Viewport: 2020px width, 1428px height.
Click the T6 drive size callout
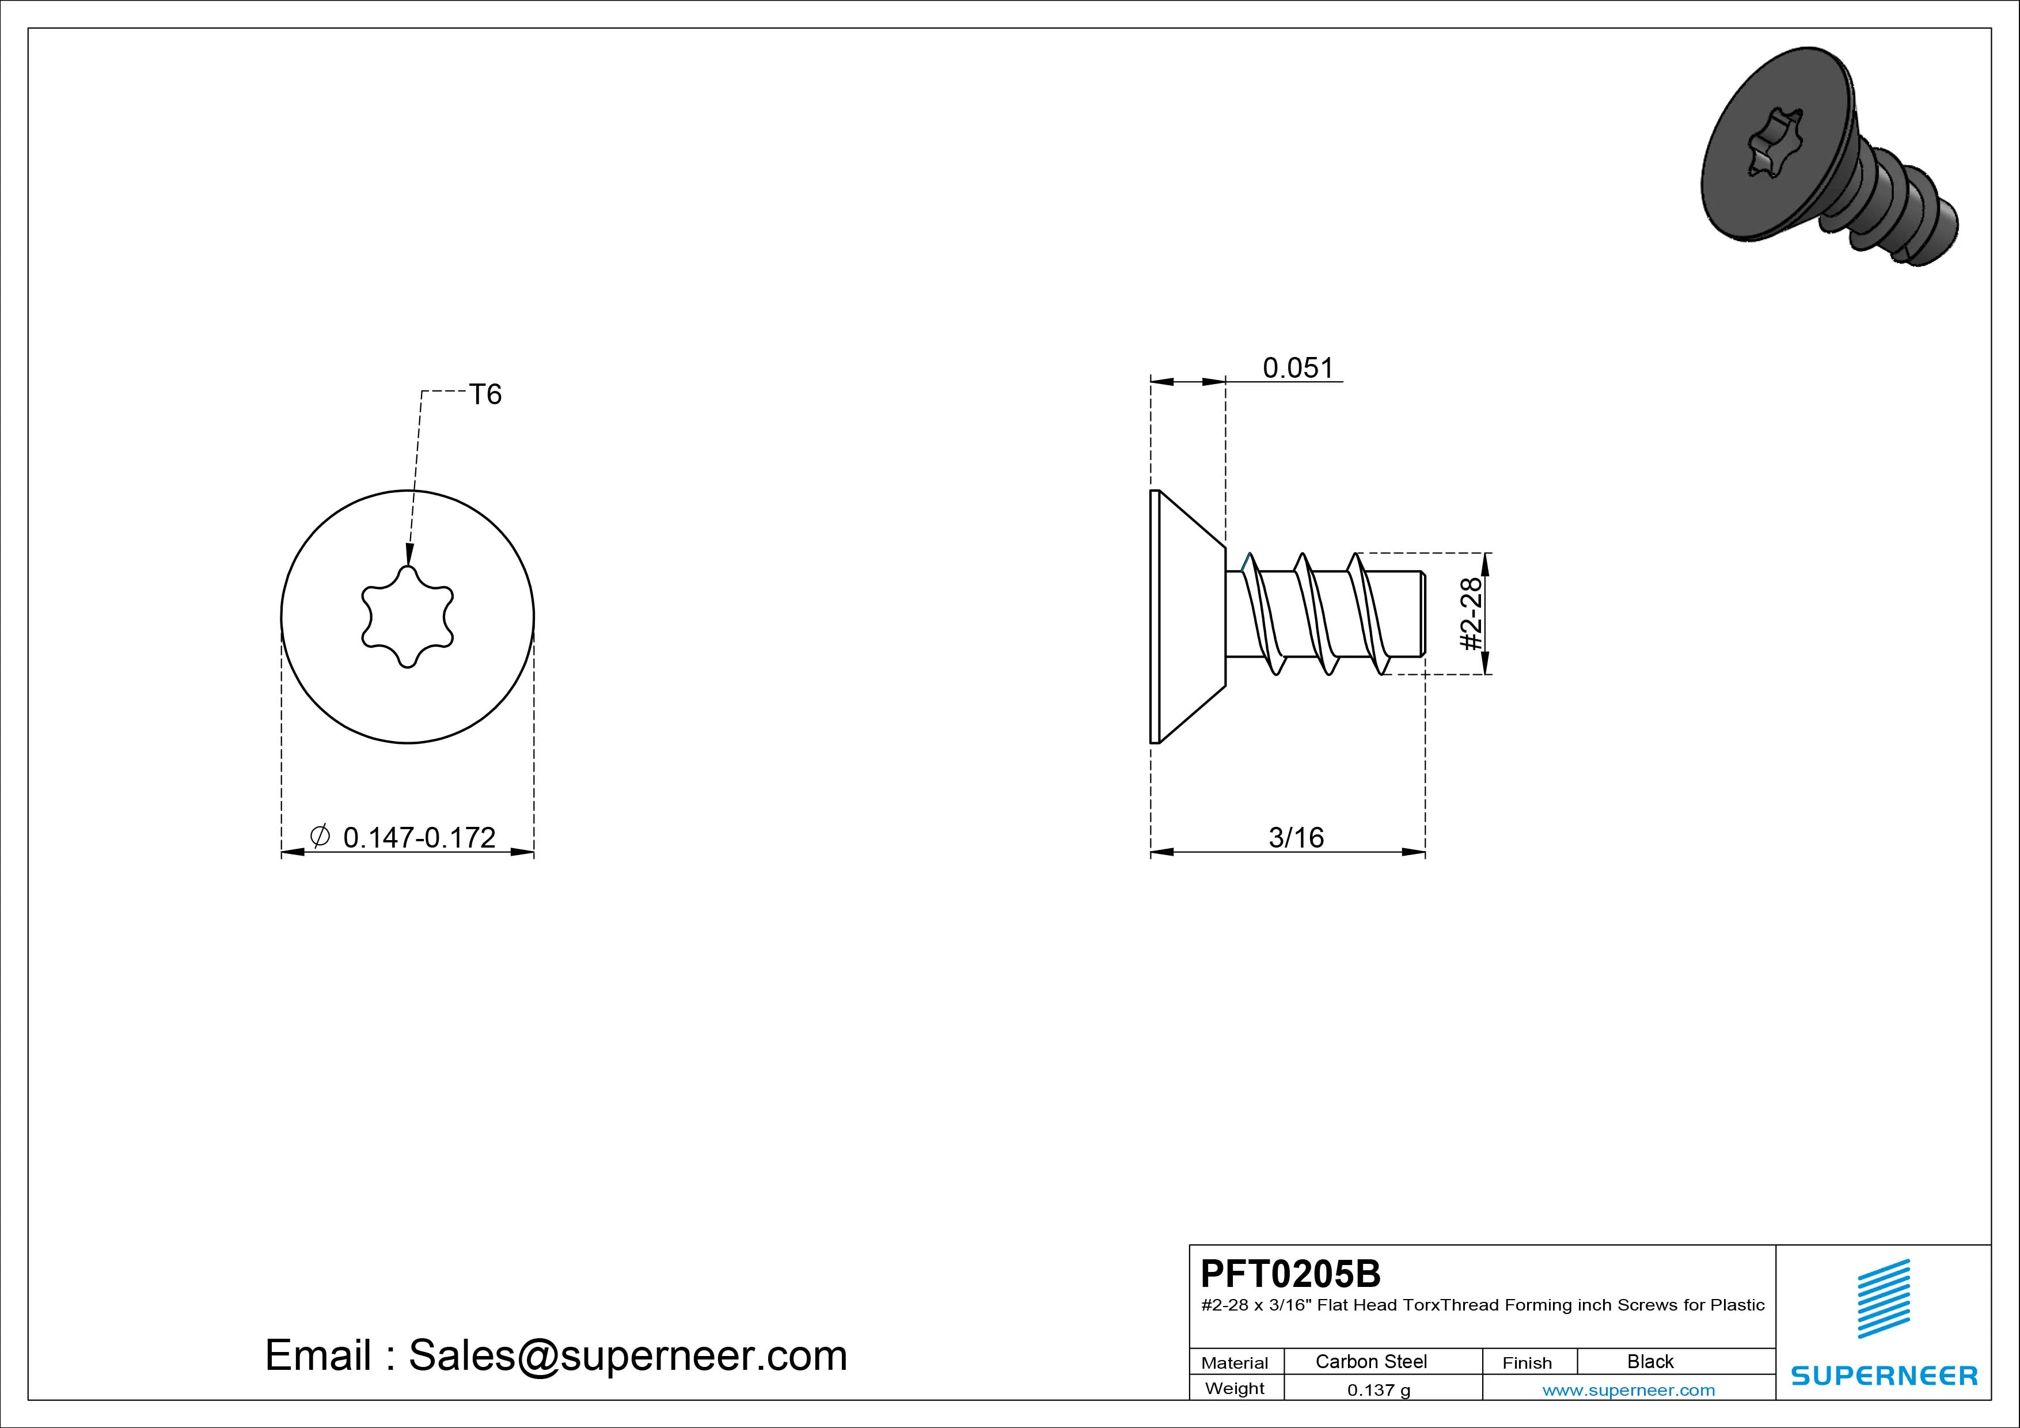point(485,394)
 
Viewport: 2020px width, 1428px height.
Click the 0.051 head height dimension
point(1298,368)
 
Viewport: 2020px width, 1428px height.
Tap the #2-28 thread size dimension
point(1471,613)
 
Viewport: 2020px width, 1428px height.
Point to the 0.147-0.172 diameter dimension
point(419,838)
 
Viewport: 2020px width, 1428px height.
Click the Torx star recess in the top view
point(407,616)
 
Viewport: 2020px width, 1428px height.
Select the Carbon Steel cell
point(1370,1361)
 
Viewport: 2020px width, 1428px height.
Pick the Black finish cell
point(1650,1361)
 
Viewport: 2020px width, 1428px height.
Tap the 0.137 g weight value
point(1379,1390)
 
